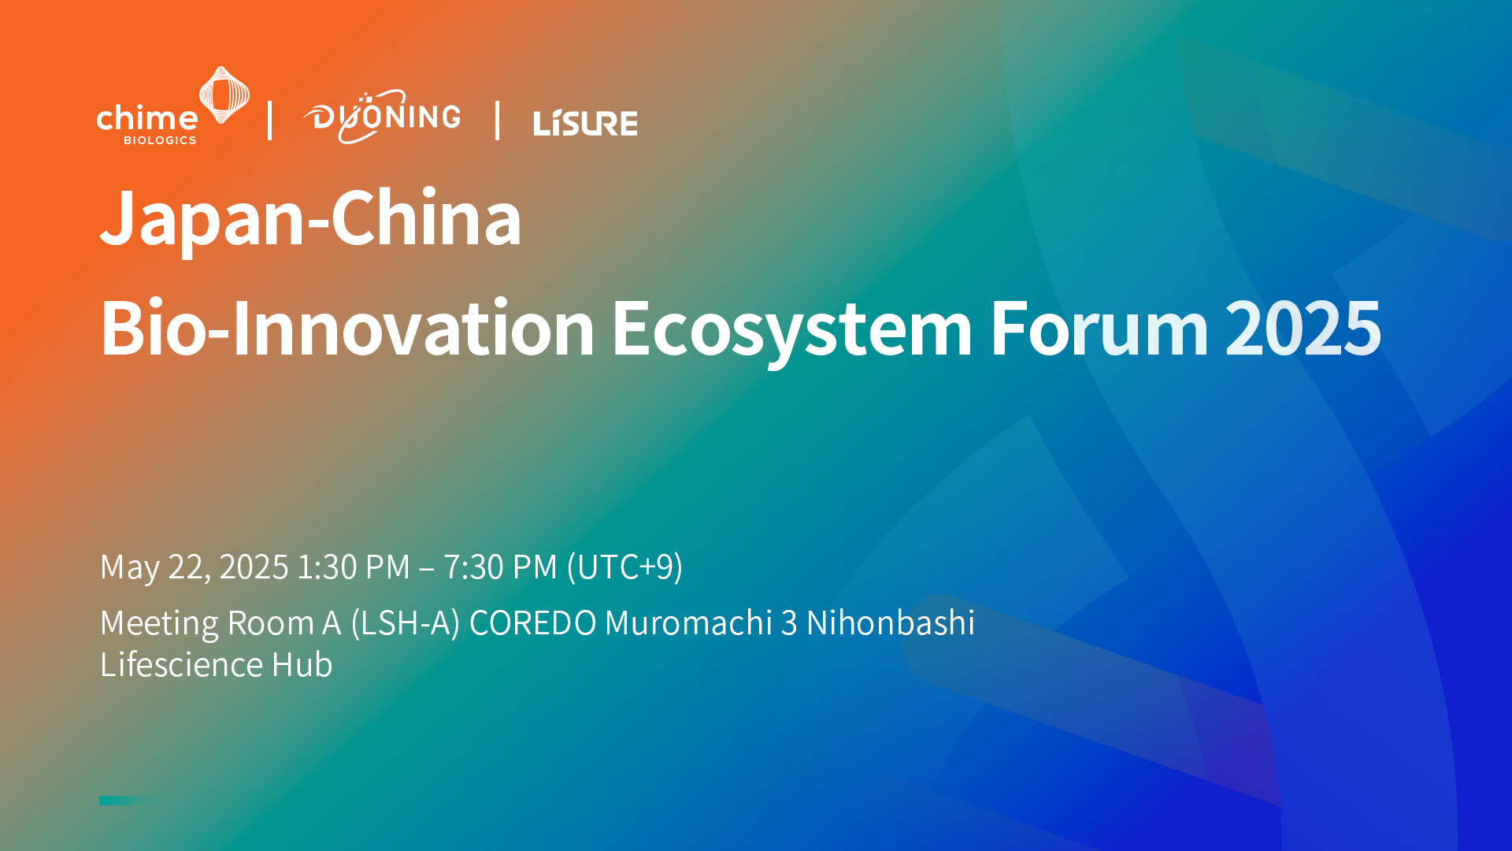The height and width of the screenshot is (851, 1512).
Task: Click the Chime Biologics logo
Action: coord(172,108)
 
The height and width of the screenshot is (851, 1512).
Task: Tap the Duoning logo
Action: coord(383,117)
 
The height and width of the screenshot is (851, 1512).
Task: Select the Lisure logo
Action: coord(585,123)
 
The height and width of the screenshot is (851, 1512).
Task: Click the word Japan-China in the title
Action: coord(310,218)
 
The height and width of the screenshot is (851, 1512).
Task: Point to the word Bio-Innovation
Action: coord(346,329)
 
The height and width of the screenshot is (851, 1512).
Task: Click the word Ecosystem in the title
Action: coord(791,329)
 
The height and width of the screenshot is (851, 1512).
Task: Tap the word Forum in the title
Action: coord(1099,329)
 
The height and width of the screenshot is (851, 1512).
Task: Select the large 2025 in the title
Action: coord(1303,329)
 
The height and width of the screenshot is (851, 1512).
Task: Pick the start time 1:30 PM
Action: coord(353,567)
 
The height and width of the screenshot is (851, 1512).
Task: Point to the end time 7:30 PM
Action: coord(500,567)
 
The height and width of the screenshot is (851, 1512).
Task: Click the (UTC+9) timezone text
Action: coord(624,567)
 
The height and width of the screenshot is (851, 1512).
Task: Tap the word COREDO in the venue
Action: coord(532,623)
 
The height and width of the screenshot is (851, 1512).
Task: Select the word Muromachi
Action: coord(688,623)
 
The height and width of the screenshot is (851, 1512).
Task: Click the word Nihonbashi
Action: coord(890,623)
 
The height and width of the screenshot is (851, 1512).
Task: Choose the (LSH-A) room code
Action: coord(405,623)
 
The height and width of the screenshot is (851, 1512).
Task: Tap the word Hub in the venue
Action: coord(302,665)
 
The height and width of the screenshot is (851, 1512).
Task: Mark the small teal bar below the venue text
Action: coord(126,801)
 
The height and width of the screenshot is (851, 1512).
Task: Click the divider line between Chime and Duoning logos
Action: coord(270,121)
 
